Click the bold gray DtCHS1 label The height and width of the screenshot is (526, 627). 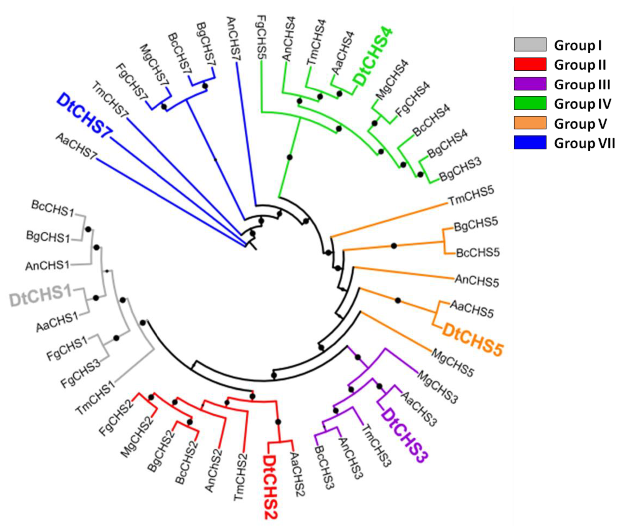pos(40,296)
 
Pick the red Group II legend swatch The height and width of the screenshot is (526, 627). pos(530,64)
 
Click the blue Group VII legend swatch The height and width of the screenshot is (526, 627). pos(530,142)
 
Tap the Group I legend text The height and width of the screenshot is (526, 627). pos(578,45)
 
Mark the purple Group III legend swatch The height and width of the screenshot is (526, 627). pos(530,84)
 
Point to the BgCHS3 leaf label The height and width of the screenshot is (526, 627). pos(460,170)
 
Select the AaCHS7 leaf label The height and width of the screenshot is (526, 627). pos(76,146)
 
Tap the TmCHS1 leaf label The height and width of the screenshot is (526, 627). pos(95,398)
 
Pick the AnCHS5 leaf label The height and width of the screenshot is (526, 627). pos(477,281)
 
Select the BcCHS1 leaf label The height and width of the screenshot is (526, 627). pos(52,208)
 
